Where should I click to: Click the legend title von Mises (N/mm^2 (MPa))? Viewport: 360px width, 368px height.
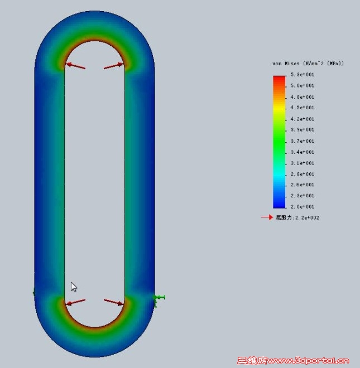[308, 64]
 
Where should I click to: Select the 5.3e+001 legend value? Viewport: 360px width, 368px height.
[302, 75]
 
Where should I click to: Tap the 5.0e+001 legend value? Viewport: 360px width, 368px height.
[302, 86]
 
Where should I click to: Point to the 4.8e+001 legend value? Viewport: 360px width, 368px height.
[302, 97]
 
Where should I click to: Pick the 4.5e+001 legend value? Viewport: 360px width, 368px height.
[302, 108]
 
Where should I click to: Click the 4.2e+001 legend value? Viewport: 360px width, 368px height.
[302, 119]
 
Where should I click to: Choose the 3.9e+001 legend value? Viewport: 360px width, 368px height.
[302, 130]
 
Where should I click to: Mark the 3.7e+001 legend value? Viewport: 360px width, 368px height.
[302, 141]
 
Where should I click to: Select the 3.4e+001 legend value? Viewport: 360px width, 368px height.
[302, 152]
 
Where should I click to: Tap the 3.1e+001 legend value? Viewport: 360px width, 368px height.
[302, 163]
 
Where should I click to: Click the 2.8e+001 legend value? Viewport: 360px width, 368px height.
[302, 174]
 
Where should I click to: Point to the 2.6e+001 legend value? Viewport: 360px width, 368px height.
[302, 185]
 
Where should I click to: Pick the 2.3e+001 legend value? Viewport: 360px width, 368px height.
[302, 196]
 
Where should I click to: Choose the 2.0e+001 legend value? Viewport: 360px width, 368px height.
[302, 207]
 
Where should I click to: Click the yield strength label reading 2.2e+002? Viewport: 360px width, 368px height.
[297, 217]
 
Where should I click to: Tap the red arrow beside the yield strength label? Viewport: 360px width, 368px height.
[267, 217]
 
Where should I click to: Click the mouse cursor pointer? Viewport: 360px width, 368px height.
[73, 287]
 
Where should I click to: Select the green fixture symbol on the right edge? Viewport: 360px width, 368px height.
[159, 299]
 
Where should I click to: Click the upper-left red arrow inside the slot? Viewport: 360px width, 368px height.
[75, 66]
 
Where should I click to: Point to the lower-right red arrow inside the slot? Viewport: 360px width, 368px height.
[114, 302]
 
